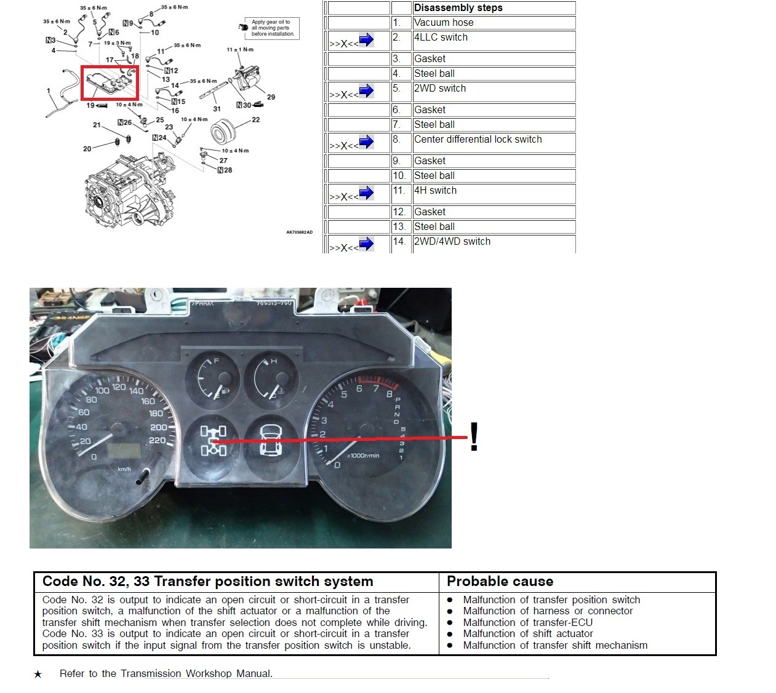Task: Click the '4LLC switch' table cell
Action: click(x=441, y=38)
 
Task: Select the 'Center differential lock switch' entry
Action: click(x=478, y=140)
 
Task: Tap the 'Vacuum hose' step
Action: click(x=444, y=23)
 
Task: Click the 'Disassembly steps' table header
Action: click(x=458, y=8)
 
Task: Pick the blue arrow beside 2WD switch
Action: click(x=366, y=92)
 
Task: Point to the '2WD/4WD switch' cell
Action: click(x=452, y=242)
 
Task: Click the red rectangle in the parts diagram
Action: click(x=110, y=83)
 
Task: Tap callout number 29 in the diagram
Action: click(x=271, y=97)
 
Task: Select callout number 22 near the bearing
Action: click(x=256, y=120)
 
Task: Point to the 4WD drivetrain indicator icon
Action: click(x=213, y=441)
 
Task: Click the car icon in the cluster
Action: click(x=271, y=441)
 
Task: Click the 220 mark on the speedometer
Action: click(x=157, y=440)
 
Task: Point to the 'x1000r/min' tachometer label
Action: click(x=363, y=456)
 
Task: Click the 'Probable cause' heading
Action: click(x=500, y=582)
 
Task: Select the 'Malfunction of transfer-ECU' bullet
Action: click(x=527, y=622)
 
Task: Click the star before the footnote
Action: click(x=38, y=675)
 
